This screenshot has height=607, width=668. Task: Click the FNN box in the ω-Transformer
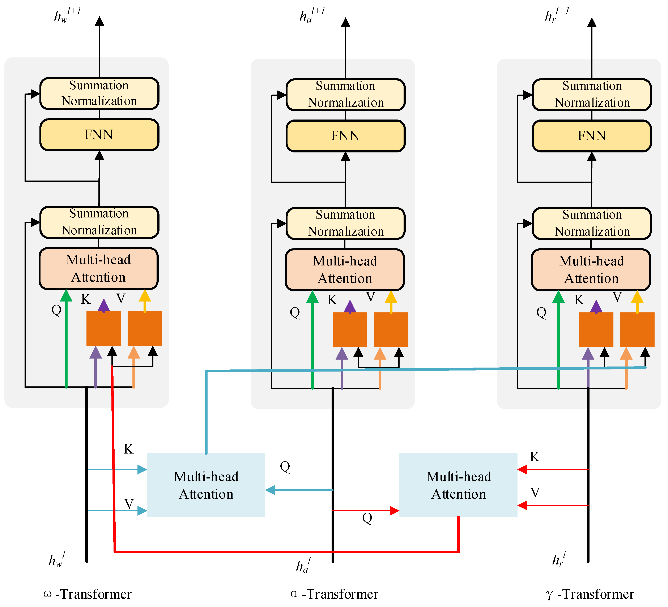[x=99, y=135]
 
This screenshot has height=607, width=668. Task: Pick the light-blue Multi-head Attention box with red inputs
[x=458, y=485]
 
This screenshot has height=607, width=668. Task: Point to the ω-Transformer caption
[x=88, y=594]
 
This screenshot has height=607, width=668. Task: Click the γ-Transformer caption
[x=590, y=594]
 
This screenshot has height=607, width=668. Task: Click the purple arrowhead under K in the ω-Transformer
[x=104, y=305]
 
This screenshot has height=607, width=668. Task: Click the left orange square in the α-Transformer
[x=350, y=330]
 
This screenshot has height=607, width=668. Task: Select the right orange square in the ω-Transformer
[x=145, y=329]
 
